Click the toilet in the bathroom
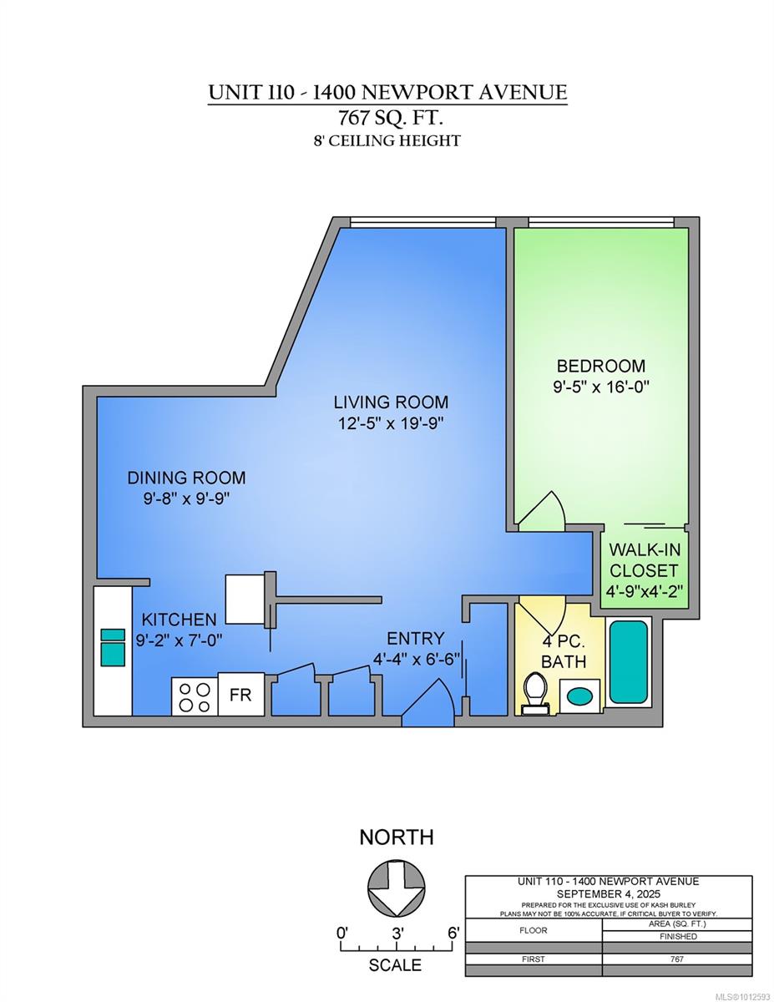coord(534,693)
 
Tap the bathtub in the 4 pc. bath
coord(628,662)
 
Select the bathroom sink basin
coord(578,693)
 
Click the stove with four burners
coord(195,696)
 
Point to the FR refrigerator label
coord(240,696)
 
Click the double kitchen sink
coord(113,648)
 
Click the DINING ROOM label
coord(186,478)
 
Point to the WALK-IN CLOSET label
coord(643,560)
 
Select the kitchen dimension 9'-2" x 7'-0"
coord(179,640)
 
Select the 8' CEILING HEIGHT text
coord(387,140)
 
